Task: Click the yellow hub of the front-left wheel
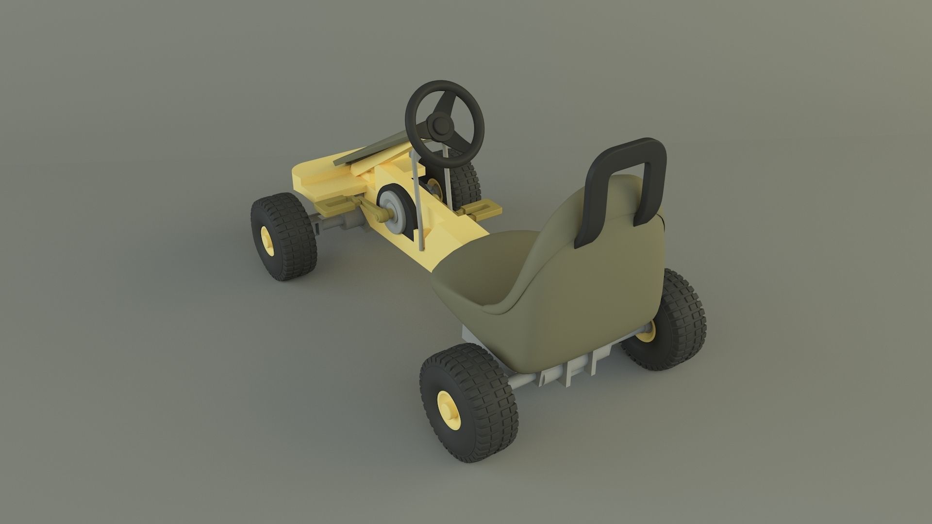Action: click(x=266, y=241)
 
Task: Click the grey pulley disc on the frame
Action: click(x=392, y=211)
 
